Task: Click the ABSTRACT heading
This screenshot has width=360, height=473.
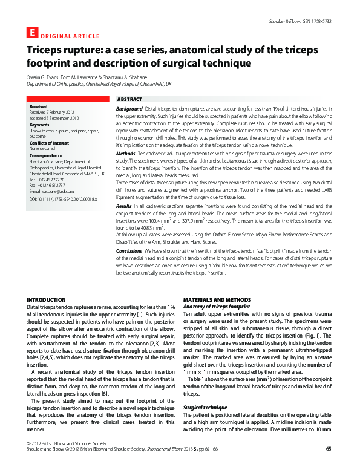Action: point(129,99)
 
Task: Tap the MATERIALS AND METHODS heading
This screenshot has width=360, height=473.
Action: point(217,300)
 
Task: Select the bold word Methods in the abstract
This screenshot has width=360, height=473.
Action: point(126,155)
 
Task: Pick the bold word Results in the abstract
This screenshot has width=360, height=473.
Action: point(124,207)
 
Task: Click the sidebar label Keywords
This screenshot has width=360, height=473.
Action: point(41,125)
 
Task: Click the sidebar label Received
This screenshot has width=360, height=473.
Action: point(39,106)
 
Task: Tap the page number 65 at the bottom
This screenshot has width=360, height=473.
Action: point(328,465)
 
